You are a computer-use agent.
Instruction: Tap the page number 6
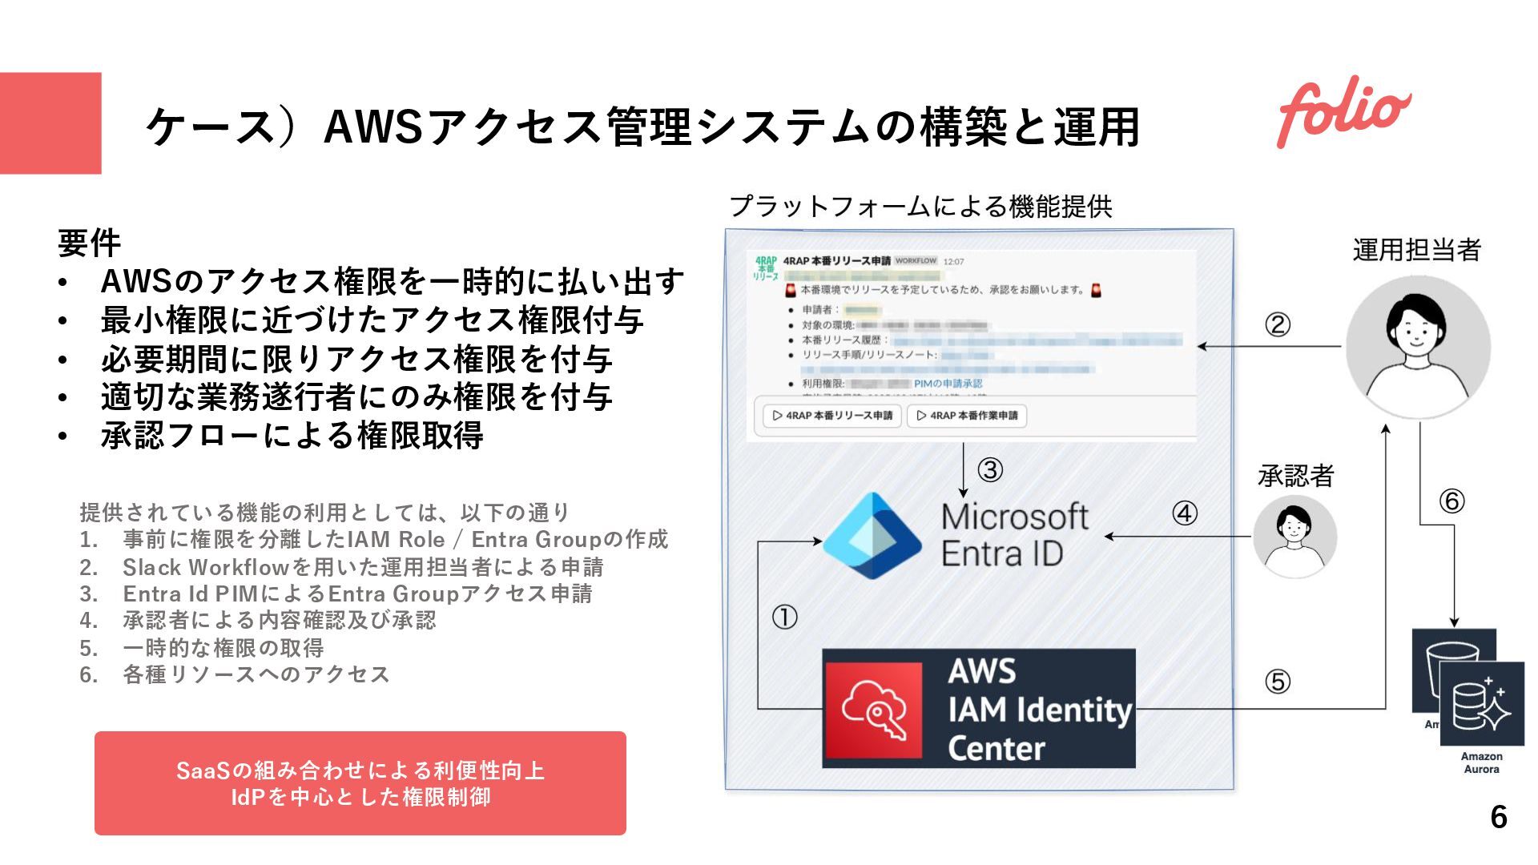pos(1499,817)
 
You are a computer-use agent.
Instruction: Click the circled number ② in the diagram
pos(1278,324)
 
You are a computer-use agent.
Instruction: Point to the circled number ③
pos(990,469)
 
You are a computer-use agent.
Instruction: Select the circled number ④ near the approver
pos(1185,513)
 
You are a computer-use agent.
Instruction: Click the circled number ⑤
pos(1278,682)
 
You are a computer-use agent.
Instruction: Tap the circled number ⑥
pos(1451,501)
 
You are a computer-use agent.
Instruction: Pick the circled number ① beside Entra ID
pos(784,617)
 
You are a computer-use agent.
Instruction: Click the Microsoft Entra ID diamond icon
pos(872,535)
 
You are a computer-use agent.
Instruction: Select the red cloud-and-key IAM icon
pos(873,710)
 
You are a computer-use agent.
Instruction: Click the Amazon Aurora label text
pos(1481,762)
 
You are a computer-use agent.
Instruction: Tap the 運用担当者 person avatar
pos(1417,347)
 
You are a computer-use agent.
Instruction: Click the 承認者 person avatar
pos(1294,536)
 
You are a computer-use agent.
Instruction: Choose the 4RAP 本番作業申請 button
pos(967,416)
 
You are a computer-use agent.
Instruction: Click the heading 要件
pos(89,243)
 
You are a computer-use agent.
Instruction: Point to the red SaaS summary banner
pos(360,783)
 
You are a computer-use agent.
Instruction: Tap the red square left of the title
pos(50,123)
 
